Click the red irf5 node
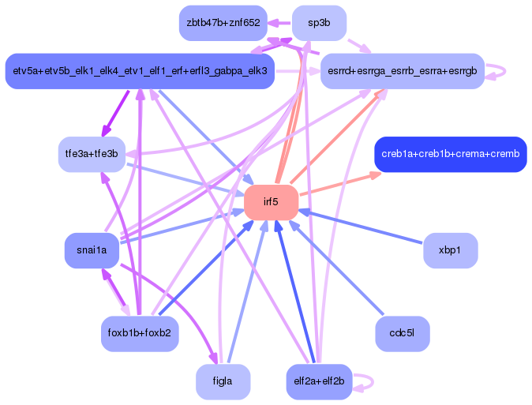(x=271, y=202)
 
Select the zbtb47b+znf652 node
(x=223, y=22)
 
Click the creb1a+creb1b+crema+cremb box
(x=450, y=154)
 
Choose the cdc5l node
(x=403, y=333)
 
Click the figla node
(x=223, y=382)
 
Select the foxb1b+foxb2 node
(x=140, y=333)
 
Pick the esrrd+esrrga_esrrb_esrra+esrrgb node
(x=402, y=71)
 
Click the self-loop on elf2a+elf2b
(x=369, y=382)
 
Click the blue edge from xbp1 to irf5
(x=363, y=230)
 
